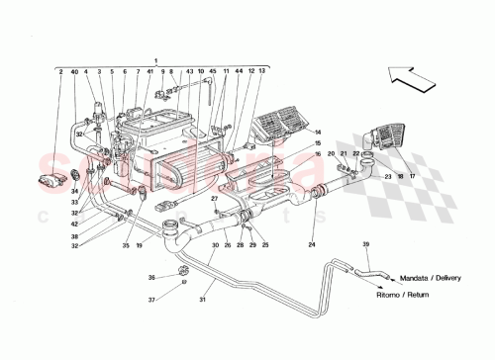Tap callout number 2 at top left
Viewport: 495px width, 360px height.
(60, 71)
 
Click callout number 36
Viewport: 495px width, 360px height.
(152, 276)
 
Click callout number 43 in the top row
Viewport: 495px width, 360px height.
(188, 71)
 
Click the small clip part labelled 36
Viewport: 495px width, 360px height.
(183, 271)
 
